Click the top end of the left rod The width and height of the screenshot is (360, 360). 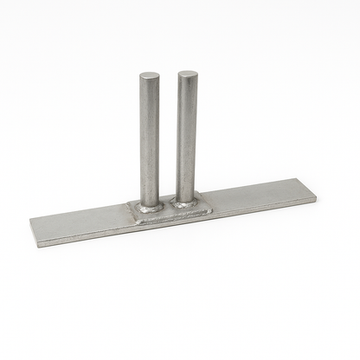[150, 77]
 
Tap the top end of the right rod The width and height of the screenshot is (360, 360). [187, 74]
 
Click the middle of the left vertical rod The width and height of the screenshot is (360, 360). [150, 138]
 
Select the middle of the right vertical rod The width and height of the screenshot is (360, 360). [187, 136]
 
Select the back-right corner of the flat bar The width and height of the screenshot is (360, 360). [310, 179]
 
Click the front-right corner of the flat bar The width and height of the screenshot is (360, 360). [316, 201]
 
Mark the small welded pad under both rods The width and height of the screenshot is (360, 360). [169, 209]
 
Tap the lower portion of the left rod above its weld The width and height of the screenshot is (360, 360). [150, 190]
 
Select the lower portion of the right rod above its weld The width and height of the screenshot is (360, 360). [186, 187]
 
